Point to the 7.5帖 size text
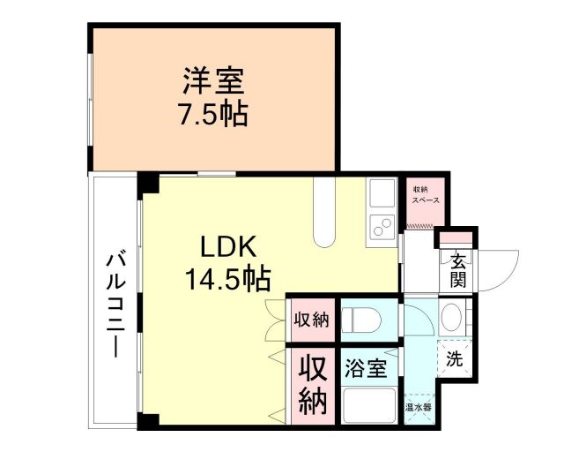tap(214, 113)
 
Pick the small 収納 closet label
tap(311, 319)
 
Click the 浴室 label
tap(366, 368)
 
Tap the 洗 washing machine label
tap(453, 359)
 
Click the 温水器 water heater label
tap(418, 408)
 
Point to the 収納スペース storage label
tap(420, 194)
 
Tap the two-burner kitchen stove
tap(383, 225)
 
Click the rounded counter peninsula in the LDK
tap(325, 216)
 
